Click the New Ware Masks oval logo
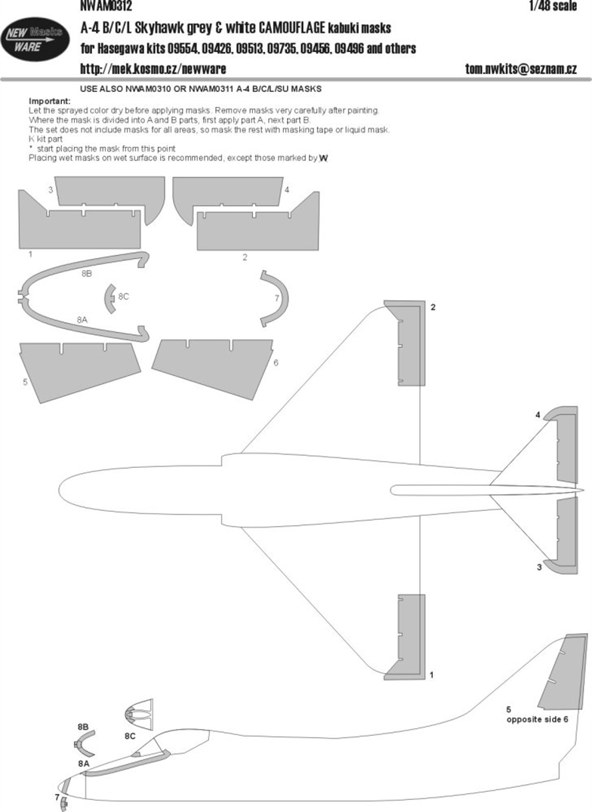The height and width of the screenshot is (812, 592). click(35, 39)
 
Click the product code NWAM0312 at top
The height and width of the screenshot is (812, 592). click(106, 6)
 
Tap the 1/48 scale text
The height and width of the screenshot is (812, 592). click(553, 6)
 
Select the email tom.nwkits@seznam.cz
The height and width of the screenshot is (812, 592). click(520, 69)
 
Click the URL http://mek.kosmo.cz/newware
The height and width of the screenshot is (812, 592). click(153, 69)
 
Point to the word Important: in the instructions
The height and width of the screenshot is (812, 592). click(50, 101)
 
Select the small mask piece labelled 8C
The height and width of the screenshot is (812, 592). click(110, 298)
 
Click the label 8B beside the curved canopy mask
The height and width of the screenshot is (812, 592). click(87, 273)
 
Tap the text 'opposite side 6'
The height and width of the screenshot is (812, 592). click(537, 719)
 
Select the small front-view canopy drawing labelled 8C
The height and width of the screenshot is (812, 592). click(139, 715)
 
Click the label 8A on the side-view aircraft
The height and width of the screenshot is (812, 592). click(84, 763)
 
